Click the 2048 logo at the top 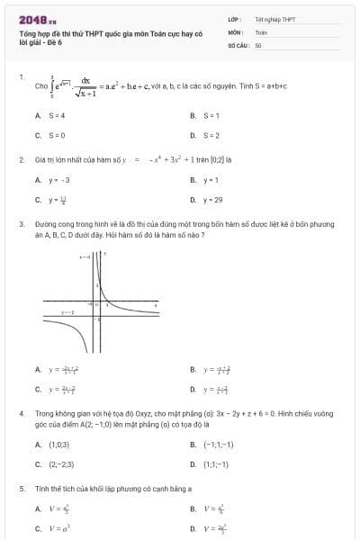tap(37, 19)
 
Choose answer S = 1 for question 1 tap(208, 115)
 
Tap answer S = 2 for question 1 tap(208, 135)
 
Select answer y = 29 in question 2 tap(211, 200)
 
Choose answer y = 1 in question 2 tap(209, 180)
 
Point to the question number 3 tap(21, 221)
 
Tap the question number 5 tap(21, 488)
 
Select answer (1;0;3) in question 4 tap(58, 445)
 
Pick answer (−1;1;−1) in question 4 tap(217, 445)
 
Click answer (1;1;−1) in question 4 tap(215, 464)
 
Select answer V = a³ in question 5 tap(59, 529)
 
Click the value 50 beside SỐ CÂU tap(258, 44)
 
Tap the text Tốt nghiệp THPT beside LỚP tap(274, 18)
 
